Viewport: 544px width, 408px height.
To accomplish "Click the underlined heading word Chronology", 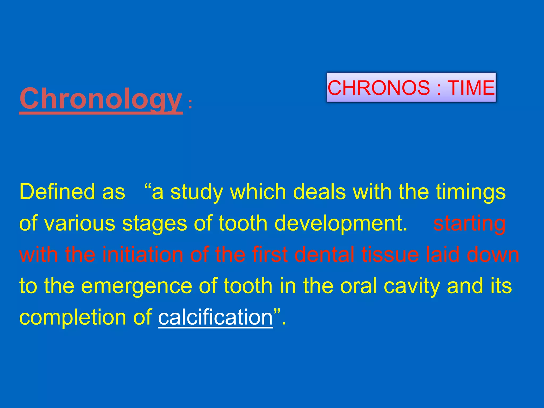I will pyautogui.click(x=101, y=99).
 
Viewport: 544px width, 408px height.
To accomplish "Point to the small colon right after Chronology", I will pyautogui.click(x=190, y=104).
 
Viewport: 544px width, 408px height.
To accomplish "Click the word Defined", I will pyautogui.click(x=57, y=192).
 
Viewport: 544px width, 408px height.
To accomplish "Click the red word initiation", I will pyautogui.click(x=143, y=254).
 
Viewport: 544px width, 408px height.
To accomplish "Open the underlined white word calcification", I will pyautogui.click(x=215, y=317).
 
